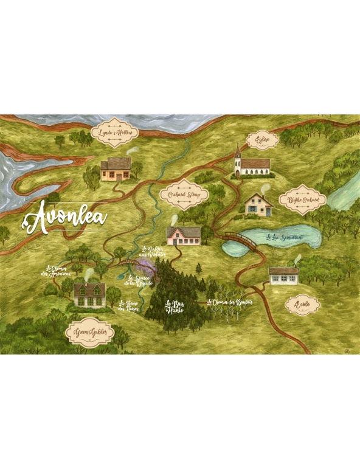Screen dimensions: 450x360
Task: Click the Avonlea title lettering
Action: tap(65, 217)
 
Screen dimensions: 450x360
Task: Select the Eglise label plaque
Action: tap(262, 140)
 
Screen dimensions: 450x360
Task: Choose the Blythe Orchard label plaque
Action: tap(303, 199)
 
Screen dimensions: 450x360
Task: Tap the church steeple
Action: tap(238, 155)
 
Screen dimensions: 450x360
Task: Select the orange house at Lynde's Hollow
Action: tap(116, 170)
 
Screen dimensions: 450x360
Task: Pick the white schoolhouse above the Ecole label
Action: tap(283, 275)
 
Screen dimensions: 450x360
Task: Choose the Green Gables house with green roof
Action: tap(89, 295)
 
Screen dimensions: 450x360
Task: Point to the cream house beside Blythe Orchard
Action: tap(258, 205)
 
